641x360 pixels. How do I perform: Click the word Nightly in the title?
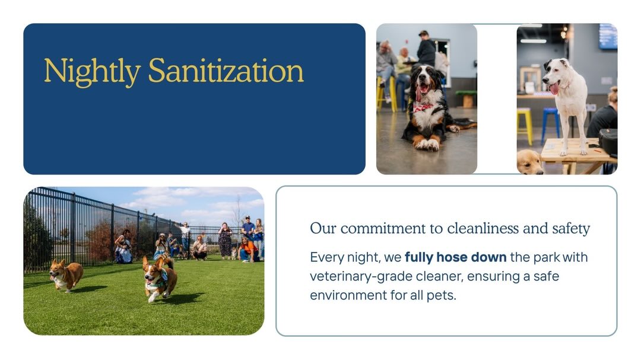[x=93, y=72]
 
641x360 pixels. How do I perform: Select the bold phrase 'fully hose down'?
[x=455, y=257]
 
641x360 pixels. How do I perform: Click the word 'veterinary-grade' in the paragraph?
[x=361, y=276]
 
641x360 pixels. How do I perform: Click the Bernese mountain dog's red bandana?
[x=423, y=107]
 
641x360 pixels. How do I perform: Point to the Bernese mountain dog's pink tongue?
[x=419, y=93]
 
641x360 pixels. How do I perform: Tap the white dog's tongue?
[x=554, y=89]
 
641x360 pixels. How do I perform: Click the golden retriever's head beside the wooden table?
[x=530, y=163]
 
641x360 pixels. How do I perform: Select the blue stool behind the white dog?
[x=550, y=124]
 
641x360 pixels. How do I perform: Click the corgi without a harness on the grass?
[x=66, y=275]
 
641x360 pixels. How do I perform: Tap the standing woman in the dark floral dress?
[x=225, y=241]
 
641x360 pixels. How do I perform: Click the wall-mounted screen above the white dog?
[x=608, y=36]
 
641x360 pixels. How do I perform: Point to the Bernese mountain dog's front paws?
[x=428, y=144]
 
